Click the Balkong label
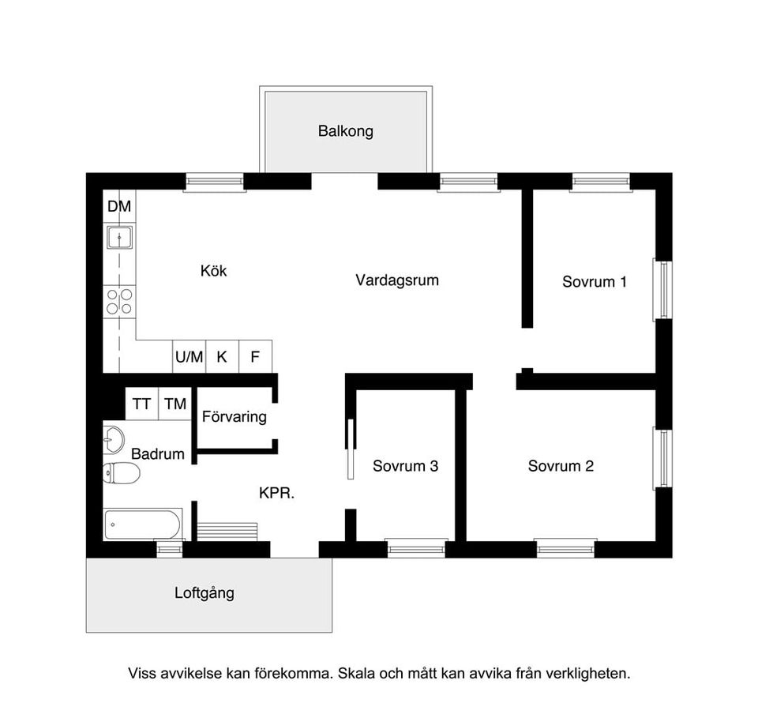pyautogui.click(x=345, y=131)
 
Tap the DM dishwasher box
pyautogui.click(x=119, y=207)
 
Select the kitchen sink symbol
pyautogui.click(x=119, y=236)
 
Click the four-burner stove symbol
pyautogui.click(x=119, y=301)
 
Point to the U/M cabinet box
pyautogui.click(x=189, y=356)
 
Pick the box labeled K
pyautogui.click(x=222, y=356)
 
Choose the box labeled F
pyautogui.click(x=255, y=356)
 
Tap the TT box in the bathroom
pyautogui.click(x=141, y=404)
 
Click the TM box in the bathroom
pyautogui.click(x=175, y=404)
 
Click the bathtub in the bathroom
pyautogui.click(x=143, y=524)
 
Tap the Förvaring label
pyautogui.click(x=235, y=416)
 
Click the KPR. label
pyautogui.click(x=276, y=494)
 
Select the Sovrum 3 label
pyautogui.click(x=405, y=466)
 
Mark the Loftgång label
pyautogui.click(x=205, y=592)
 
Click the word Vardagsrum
pyautogui.click(x=396, y=280)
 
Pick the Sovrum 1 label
pyautogui.click(x=595, y=281)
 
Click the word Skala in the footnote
pyautogui.click(x=355, y=674)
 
